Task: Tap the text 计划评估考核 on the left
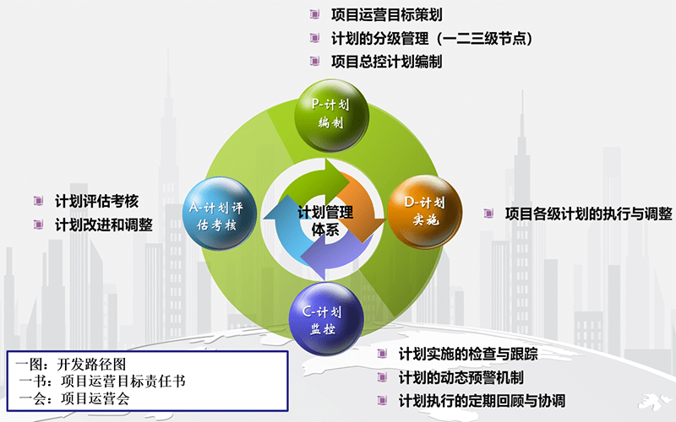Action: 96,201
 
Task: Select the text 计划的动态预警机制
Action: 461,377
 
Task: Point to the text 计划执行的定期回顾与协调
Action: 481,400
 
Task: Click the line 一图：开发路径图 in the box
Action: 71,364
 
